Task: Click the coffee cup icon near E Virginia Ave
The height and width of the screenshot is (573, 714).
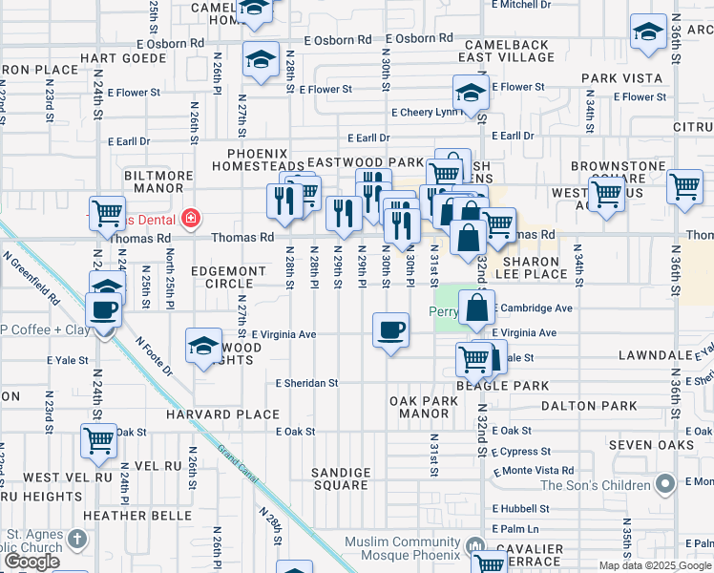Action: tap(389, 331)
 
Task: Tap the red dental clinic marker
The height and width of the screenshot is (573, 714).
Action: tap(191, 218)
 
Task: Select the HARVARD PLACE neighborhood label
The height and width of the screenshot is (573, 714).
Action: tap(223, 414)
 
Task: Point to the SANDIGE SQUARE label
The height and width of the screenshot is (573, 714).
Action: tap(341, 478)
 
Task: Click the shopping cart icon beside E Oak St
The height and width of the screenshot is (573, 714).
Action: tap(98, 441)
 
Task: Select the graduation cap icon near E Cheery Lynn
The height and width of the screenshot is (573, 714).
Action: tap(471, 94)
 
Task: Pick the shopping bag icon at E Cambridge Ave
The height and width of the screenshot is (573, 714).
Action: tap(476, 308)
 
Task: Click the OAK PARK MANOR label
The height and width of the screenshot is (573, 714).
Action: tap(424, 408)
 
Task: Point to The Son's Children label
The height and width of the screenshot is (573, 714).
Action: tap(596, 485)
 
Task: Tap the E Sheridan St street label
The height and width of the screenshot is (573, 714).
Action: tap(306, 383)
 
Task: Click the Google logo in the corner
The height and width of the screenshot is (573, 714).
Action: tap(31, 562)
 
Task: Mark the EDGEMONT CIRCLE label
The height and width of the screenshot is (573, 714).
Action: tap(228, 277)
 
